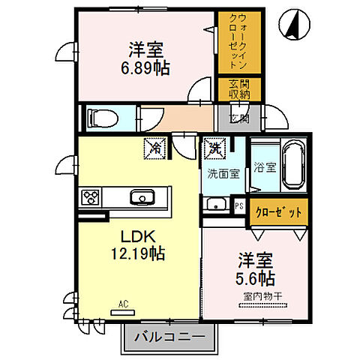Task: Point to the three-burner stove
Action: pyautogui.click(x=91, y=198)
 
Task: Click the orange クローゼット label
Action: pyautogui.click(x=278, y=212)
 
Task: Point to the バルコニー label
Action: pyautogui.click(x=169, y=337)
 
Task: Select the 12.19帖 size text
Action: pyautogui.click(x=136, y=254)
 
